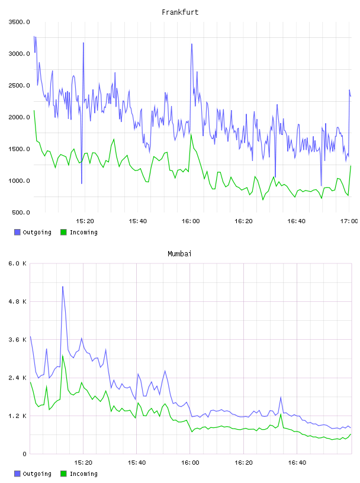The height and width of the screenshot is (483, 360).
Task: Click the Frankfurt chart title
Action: click(x=180, y=12)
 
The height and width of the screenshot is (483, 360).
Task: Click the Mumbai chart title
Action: click(x=179, y=253)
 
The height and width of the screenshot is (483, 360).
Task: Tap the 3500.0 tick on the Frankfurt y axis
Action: click(x=19, y=22)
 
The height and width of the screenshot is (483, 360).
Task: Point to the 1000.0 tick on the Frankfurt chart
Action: click(x=19, y=181)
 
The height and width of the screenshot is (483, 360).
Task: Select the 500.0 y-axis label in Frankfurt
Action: click(x=21, y=212)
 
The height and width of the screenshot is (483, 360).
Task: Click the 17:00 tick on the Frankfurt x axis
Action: click(x=349, y=221)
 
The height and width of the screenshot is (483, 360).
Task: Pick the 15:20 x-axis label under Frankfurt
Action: click(x=85, y=221)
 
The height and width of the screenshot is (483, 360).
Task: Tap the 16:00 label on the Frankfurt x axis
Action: click(x=191, y=221)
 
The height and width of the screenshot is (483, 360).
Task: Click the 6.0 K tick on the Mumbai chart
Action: click(x=18, y=263)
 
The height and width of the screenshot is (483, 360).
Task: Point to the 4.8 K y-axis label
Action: click(x=18, y=301)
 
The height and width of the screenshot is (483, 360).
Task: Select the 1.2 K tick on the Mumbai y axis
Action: click(x=18, y=416)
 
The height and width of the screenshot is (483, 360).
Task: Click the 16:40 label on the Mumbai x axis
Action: click(x=297, y=462)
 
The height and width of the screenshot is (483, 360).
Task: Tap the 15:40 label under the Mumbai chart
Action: click(x=137, y=462)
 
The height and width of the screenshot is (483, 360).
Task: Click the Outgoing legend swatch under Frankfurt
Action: click(x=17, y=232)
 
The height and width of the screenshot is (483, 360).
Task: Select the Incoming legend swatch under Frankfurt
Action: click(x=63, y=232)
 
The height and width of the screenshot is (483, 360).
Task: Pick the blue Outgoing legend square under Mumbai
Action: click(x=17, y=474)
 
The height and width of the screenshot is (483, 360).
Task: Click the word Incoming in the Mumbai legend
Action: click(x=83, y=474)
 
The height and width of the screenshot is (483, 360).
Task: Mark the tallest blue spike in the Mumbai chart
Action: click(x=63, y=286)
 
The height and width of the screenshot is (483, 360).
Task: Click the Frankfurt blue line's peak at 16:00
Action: click(x=192, y=44)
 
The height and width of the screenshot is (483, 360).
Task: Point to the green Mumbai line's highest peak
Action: click(x=63, y=356)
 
